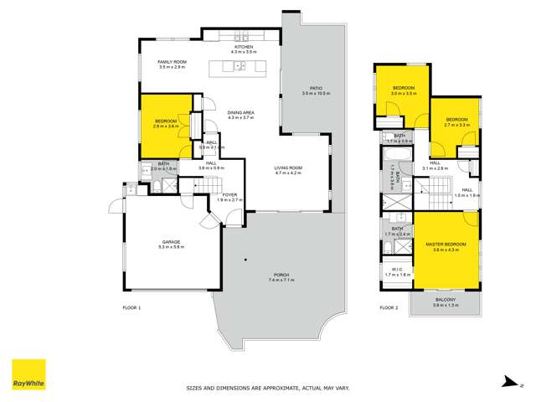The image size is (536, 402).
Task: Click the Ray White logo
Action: (x=28, y=375)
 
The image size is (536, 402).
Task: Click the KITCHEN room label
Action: (x=232, y=47)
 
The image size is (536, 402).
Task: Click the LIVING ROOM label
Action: (x=289, y=168)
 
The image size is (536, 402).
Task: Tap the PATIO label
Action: (x=316, y=88)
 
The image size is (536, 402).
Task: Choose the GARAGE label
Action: (x=171, y=242)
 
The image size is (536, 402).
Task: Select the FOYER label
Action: (x=229, y=194)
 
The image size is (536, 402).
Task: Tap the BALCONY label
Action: (x=446, y=299)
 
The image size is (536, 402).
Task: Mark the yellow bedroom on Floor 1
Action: (x=166, y=125)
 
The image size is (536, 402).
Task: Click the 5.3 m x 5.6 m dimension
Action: (x=171, y=248)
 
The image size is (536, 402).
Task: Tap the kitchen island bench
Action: (x=235, y=66)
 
